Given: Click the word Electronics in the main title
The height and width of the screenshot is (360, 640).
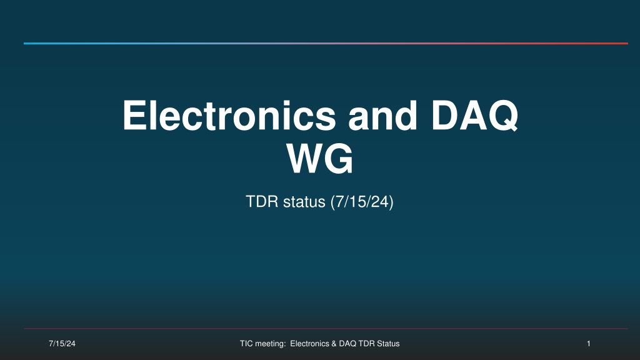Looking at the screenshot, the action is coord(229,116).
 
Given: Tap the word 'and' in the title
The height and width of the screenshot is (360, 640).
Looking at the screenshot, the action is coord(382,116).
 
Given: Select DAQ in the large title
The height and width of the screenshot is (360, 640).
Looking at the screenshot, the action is coord(474,116).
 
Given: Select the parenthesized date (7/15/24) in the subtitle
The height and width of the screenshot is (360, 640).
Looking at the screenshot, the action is coord(362,202).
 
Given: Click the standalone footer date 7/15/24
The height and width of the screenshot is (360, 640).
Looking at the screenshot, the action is coord(62,344).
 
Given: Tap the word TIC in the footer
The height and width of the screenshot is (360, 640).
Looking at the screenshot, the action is coord(246,344).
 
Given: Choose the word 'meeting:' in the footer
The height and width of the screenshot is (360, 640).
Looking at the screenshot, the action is coord(270,344).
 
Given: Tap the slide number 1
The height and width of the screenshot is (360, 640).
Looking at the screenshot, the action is coord(589,344).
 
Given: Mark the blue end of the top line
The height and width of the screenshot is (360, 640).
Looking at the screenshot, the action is coord(24,43).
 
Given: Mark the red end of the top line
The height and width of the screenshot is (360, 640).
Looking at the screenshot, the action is coord(627,43).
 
